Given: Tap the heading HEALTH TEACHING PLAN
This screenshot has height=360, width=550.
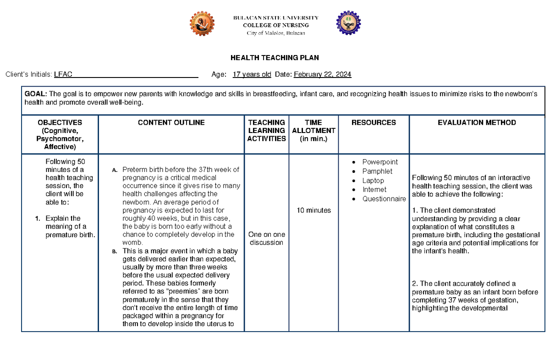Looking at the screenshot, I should click(275, 58).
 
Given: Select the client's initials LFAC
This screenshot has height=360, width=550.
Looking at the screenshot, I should click(63, 75).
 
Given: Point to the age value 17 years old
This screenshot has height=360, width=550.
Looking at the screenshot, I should click(252, 75).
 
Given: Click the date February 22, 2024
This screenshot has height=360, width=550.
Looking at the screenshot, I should click(322, 75).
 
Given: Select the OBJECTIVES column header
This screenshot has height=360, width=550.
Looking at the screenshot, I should click(60, 122).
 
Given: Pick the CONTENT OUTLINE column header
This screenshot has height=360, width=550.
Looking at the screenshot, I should click(171, 122).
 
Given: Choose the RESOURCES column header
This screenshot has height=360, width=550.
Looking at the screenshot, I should click(374, 122).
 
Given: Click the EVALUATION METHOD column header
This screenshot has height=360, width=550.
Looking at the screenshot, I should click(477, 122).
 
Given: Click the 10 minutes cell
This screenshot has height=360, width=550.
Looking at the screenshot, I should click(313, 210).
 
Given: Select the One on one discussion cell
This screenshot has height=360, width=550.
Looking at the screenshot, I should click(266, 238).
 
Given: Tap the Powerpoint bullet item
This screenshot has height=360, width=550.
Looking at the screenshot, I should click(380, 162).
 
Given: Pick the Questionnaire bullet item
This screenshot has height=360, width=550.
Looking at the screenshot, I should click(384, 199).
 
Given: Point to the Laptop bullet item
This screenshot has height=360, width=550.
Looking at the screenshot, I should click(373, 181).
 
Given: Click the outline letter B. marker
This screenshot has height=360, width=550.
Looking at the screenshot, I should click(115, 251).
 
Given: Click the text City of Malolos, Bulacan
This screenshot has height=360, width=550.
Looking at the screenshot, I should click(275, 33).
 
